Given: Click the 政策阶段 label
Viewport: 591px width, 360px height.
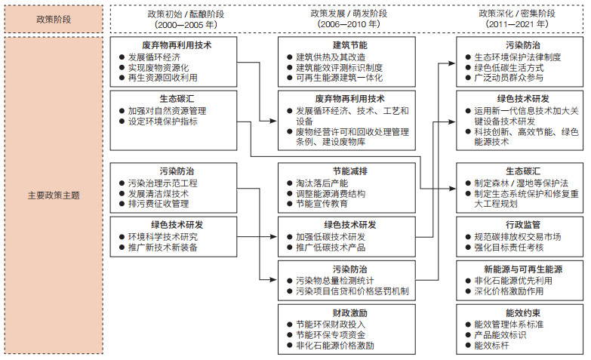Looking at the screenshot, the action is (x=54, y=19).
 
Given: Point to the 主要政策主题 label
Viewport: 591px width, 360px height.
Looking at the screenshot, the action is (x=54, y=195).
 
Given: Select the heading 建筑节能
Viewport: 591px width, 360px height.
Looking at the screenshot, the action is (x=349, y=45).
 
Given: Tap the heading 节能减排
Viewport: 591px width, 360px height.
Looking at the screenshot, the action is (x=349, y=171).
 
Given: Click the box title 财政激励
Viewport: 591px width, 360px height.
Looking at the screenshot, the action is (x=349, y=313).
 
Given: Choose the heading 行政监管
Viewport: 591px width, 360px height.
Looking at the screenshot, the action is (x=523, y=225).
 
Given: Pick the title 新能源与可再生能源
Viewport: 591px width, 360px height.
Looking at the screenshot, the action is (x=523, y=269).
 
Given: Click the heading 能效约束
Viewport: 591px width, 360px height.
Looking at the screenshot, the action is (x=523, y=313).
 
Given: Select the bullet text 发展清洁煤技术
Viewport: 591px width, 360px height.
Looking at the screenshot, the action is (x=159, y=194).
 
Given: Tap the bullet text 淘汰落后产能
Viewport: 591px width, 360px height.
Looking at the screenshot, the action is (x=322, y=183).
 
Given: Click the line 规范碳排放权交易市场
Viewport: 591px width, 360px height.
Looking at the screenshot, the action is (x=518, y=237).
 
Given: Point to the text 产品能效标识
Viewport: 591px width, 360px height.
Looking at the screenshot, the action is (x=500, y=335).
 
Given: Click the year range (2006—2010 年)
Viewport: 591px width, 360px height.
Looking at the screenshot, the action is (x=349, y=24).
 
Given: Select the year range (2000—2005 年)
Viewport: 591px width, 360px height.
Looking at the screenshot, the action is (x=186, y=24).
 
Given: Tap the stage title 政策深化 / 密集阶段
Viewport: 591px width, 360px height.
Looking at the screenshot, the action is (x=517, y=14).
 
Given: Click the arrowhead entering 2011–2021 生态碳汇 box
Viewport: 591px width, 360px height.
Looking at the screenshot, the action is (x=452, y=188).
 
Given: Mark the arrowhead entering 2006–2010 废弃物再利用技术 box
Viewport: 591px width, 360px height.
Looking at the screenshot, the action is (x=273, y=121).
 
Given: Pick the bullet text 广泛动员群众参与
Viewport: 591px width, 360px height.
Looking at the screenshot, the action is (x=509, y=78).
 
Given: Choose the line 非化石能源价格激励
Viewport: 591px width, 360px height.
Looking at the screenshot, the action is (x=334, y=346).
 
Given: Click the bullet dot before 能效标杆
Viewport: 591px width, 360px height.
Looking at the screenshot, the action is (x=468, y=346).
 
